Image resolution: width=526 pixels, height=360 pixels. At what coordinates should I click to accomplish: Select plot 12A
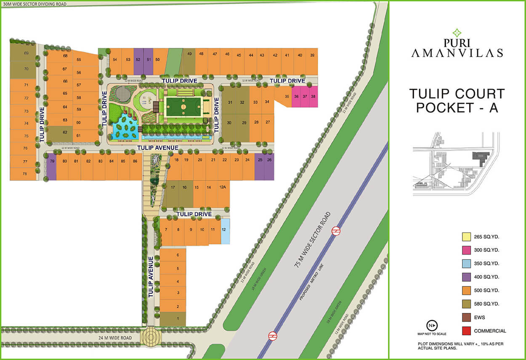tap(223, 187)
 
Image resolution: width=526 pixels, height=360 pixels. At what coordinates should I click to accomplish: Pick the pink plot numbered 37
tap(305, 96)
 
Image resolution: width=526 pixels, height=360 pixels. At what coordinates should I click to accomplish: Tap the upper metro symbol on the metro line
tap(336, 230)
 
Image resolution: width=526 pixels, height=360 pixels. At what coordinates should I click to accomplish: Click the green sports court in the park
tap(183, 106)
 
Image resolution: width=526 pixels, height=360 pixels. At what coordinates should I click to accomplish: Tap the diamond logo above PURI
tap(457, 33)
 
